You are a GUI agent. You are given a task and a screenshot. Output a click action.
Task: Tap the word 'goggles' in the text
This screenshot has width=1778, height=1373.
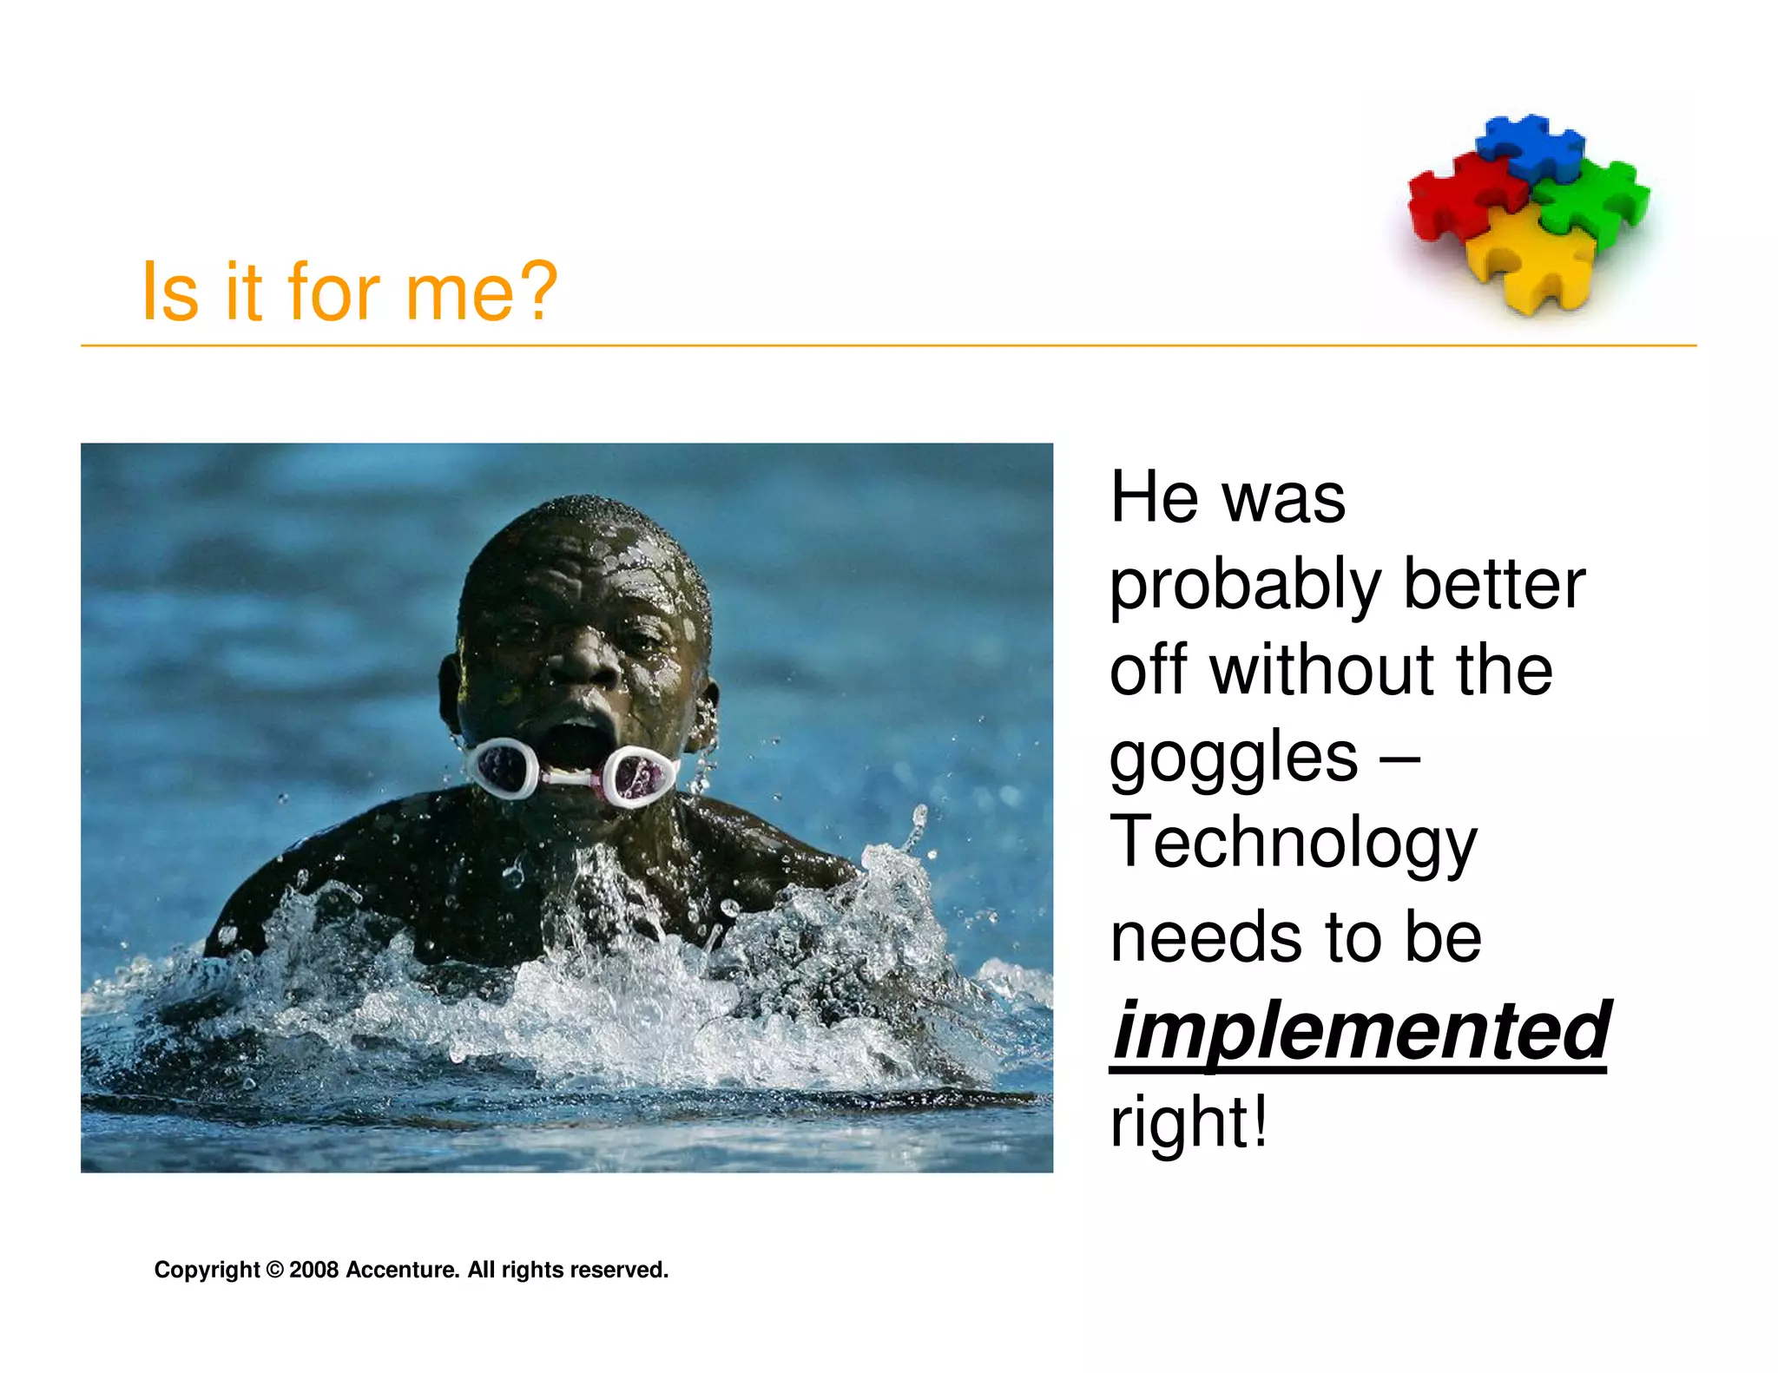(1233, 759)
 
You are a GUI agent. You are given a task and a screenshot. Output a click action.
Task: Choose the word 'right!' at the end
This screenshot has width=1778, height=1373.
(1188, 1122)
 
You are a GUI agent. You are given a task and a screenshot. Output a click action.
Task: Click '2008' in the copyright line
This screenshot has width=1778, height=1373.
(313, 1270)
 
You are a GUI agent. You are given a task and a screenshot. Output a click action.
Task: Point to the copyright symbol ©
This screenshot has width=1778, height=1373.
(274, 1270)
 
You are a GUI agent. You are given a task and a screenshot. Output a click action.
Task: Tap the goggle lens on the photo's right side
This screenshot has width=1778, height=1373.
(642, 774)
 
